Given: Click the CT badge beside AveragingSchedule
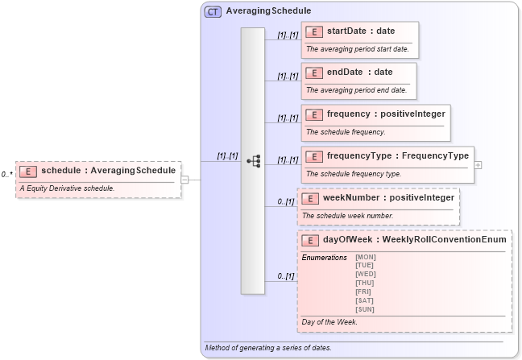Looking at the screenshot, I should coord(213,12).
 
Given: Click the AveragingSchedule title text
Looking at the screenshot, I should coord(257,12).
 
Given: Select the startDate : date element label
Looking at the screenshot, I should coord(361,31).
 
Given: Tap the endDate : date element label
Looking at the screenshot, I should coord(359,72).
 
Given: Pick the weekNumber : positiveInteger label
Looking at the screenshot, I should coord(388,197).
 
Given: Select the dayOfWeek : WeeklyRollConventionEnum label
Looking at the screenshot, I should coord(414,239).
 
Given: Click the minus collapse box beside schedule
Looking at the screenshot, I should coord(184,180).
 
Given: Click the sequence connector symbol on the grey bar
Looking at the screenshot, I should coord(252,161).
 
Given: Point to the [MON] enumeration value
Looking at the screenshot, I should coord(365,257).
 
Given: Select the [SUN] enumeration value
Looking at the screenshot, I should coord(365,309).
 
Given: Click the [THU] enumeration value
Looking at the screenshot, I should coord(365,283).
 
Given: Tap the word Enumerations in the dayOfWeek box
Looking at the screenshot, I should coord(324,257).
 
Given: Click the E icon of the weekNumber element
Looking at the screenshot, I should coord(310,198).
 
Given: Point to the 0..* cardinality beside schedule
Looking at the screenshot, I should coord(6,174).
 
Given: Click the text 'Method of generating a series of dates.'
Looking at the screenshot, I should coord(268,348).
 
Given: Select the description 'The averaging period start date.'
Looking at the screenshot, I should coord(357,49).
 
